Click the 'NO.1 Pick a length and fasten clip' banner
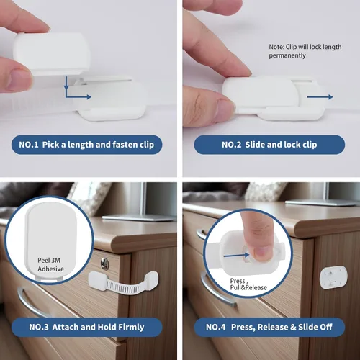tap(86, 145)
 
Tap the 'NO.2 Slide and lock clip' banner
tap(269, 145)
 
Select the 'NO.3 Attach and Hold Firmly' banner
tap(86, 327)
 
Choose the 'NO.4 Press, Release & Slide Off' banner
tap(269, 327)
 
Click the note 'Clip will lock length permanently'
tap(305, 51)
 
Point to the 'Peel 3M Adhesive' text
tap(50, 264)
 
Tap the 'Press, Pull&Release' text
tap(248, 284)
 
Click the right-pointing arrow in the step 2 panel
tap(320, 97)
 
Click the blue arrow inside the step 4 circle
tap(236, 256)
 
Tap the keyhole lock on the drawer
tap(104, 264)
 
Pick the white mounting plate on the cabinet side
tap(333, 277)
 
